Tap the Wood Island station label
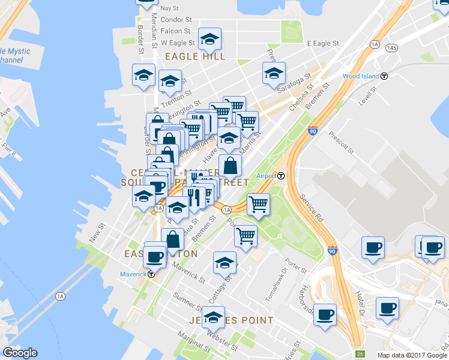(x=361, y=76)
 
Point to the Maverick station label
(x=133, y=274)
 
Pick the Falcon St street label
(x=175, y=31)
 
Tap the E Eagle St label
(x=323, y=44)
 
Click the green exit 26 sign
(x=360, y=354)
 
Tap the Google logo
(x=20, y=353)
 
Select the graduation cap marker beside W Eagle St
(x=209, y=39)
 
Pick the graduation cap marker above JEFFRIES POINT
(x=213, y=317)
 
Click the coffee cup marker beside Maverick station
(x=155, y=256)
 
